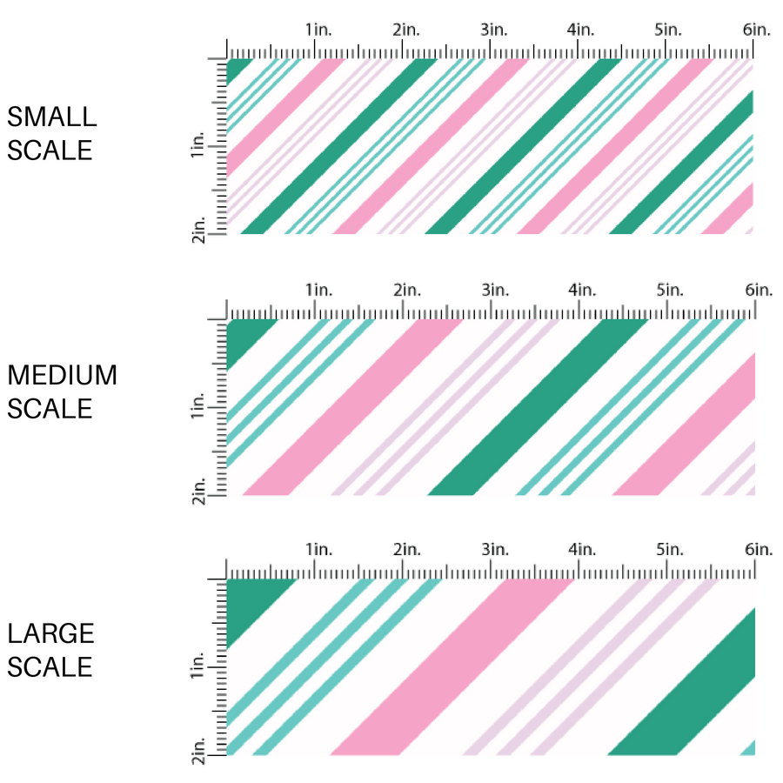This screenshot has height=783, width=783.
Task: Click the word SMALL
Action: coord(51,117)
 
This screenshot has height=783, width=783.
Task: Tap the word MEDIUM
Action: coord(62,375)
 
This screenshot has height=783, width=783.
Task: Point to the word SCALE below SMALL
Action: coord(49,151)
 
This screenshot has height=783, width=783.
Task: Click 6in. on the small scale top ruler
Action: coord(757,30)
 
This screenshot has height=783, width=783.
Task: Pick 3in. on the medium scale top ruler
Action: coord(494,289)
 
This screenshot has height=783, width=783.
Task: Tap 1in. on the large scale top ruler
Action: coord(318,549)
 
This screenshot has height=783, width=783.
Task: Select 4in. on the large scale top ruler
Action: coord(581,549)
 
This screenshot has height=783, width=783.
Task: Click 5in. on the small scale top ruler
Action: coord(668,30)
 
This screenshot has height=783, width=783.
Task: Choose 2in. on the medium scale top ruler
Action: coord(405,289)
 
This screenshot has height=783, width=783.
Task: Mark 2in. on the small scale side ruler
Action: coord(200,231)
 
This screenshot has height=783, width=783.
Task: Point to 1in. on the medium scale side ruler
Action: coord(200,407)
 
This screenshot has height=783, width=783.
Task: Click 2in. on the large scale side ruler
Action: coord(200,752)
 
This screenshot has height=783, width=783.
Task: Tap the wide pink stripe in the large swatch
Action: coord(452,666)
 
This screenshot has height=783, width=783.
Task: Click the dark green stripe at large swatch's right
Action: coord(696,696)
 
